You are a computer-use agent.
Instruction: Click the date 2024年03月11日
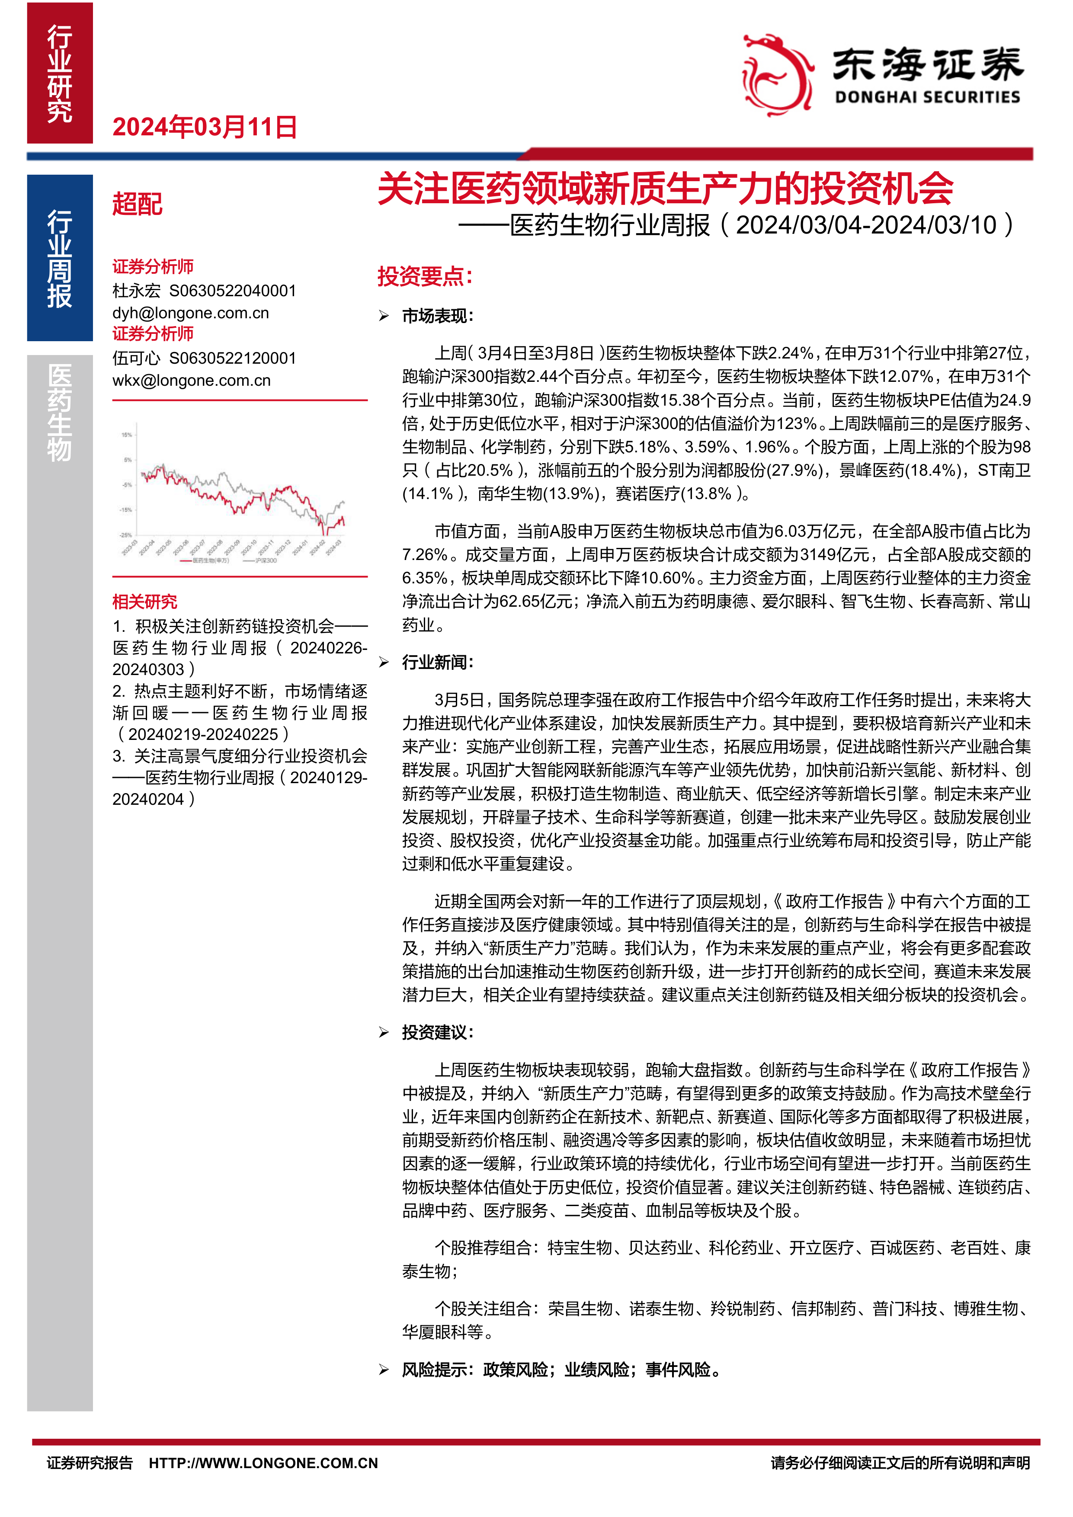(205, 127)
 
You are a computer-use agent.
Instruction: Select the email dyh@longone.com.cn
(190, 313)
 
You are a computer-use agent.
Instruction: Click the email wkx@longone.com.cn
(191, 381)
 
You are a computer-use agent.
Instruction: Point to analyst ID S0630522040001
(233, 291)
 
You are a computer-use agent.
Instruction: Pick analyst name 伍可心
(136, 358)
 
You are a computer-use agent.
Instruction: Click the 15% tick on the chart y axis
(126, 435)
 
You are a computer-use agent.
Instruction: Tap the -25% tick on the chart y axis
(125, 534)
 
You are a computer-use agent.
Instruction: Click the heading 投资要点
(425, 276)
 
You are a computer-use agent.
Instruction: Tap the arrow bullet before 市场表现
(384, 317)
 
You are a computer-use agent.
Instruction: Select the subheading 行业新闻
(437, 662)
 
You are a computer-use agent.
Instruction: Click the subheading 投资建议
(437, 1032)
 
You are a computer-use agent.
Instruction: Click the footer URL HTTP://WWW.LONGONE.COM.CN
(263, 1463)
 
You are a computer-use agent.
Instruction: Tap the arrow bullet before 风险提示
(384, 1370)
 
